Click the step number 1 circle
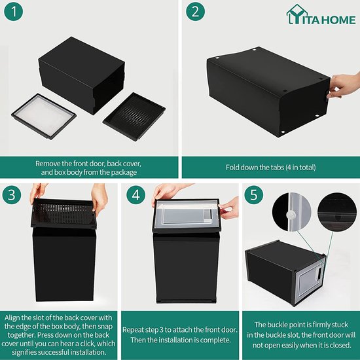tap(14, 12)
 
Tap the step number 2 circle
tap(196, 12)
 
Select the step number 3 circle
tap(12, 194)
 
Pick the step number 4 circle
tap(135, 194)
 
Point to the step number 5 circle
tap(254, 194)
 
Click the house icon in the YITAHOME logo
tap(297, 14)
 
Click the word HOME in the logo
tap(338, 20)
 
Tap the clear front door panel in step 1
tap(44, 116)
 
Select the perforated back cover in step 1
tap(134, 117)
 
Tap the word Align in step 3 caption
tap(12, 317)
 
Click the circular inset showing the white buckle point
tap(291, 211)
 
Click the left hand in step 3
tap(37, 192)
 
